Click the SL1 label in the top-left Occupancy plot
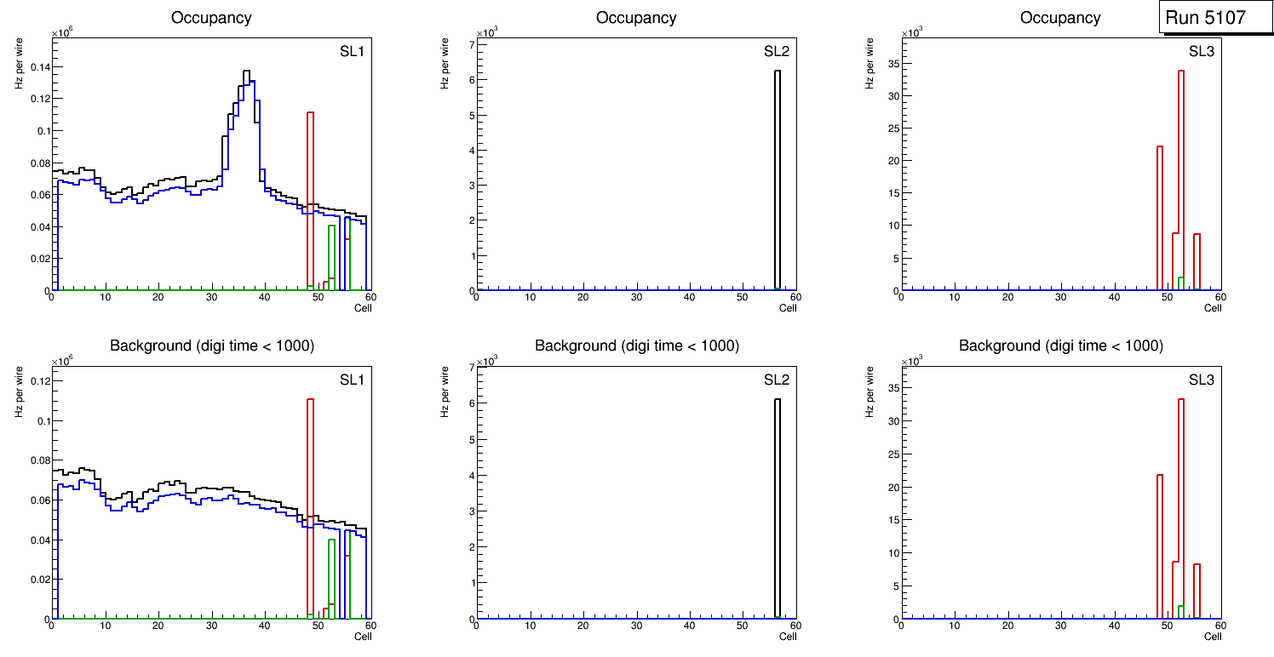(x=352, y=52)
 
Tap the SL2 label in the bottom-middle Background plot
(x=776, y=380)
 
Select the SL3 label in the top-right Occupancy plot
(x=1201, y=52)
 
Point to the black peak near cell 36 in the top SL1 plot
(x=245, y=72)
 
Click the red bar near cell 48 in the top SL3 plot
(x=1160, y=213)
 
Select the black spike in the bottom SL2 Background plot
(x=777, y=502)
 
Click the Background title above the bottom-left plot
(x=211, y=346)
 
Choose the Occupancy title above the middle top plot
(x=636, y=17)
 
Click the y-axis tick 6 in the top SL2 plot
(x=468, y=80)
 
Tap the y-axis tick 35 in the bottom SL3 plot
(x=890, y=388)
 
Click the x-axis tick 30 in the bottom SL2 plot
(x=635, y=626)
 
